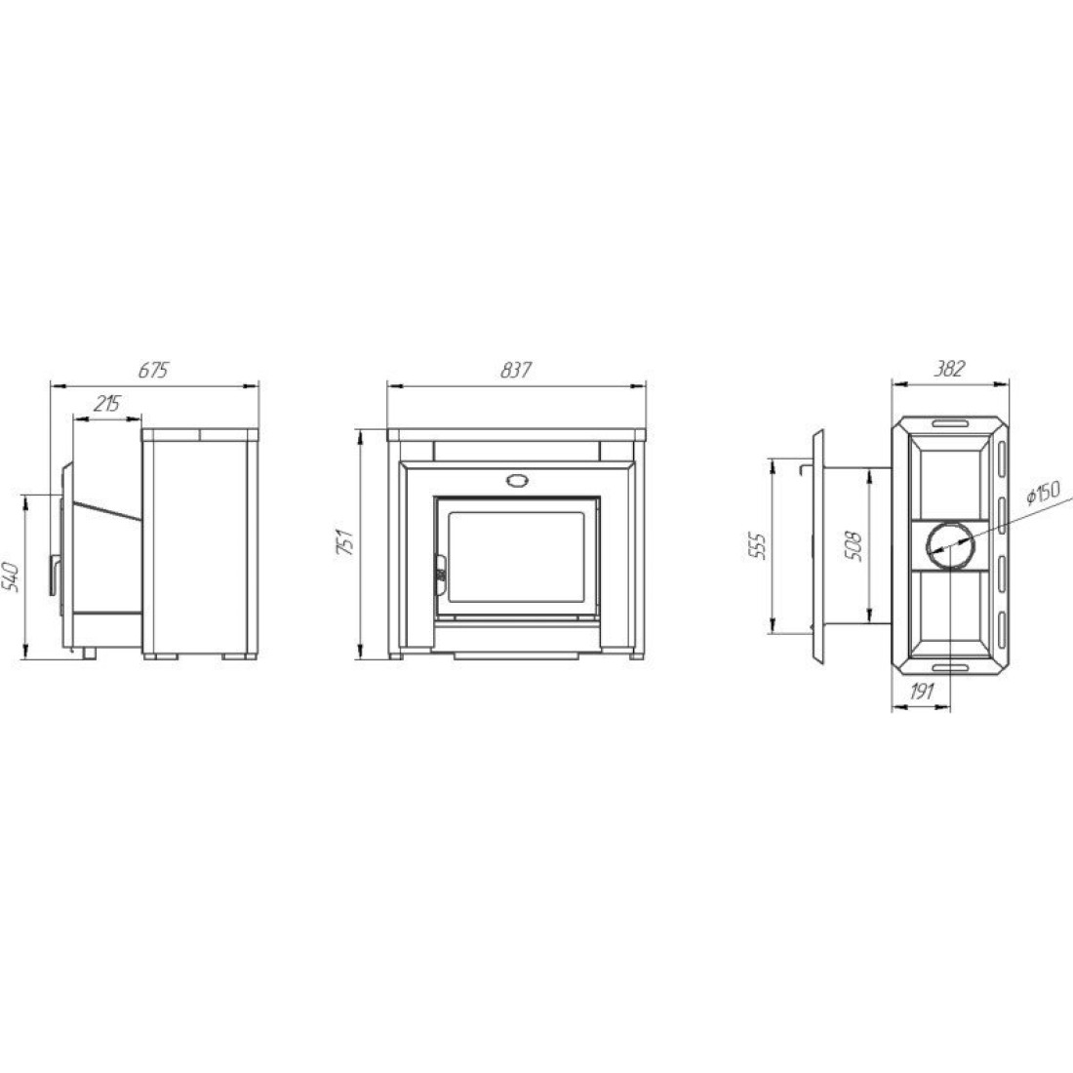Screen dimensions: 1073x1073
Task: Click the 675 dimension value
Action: [x=152, y=371]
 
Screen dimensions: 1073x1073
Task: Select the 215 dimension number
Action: [x=106, y=404]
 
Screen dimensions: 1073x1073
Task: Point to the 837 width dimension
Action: [x=515, y=371]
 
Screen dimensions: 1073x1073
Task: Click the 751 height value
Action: [x=347, y=541]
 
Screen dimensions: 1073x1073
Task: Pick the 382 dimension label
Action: [x=949, y=369]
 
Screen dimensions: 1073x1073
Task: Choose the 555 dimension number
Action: [x=758, y=545]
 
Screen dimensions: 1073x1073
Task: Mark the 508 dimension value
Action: [x=854, y=545]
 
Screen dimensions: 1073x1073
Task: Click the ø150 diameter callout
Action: [x=1042, y=492]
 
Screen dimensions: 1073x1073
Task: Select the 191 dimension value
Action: [x=922, y=692]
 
